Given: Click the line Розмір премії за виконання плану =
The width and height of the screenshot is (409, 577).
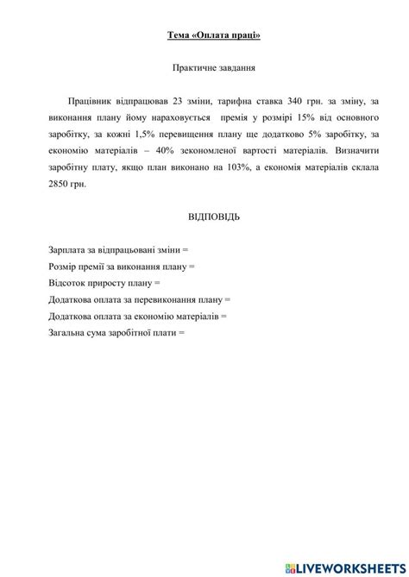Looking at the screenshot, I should click(123, 266).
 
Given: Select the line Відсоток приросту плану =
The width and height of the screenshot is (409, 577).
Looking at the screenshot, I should click(105, 282).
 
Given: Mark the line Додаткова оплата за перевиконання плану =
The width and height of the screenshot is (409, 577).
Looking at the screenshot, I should click(140, 298).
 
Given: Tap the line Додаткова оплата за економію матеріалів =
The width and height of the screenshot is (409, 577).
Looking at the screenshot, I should click(138, 316).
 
